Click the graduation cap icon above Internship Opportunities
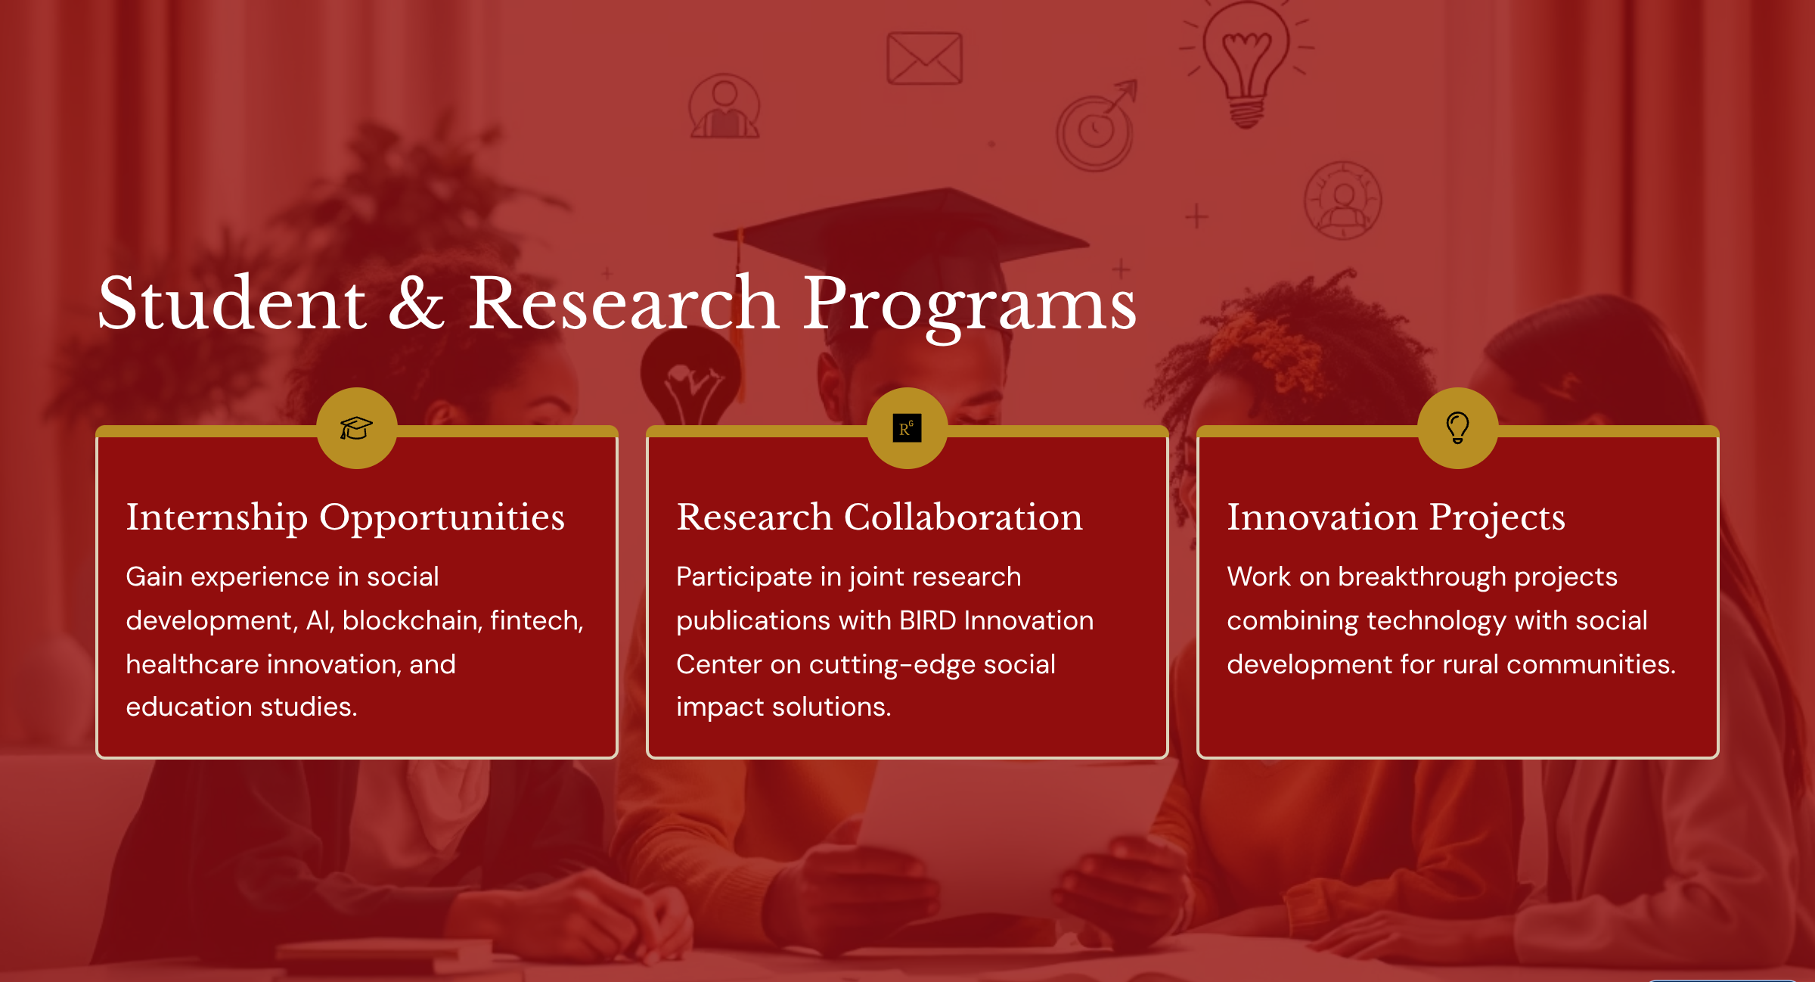356,428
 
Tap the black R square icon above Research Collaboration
907,428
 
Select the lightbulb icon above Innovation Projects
1457,427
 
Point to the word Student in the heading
232,303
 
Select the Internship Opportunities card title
346,518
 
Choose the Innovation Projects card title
1396,518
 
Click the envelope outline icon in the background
924,58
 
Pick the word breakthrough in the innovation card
1422,577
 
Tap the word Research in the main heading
624,303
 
